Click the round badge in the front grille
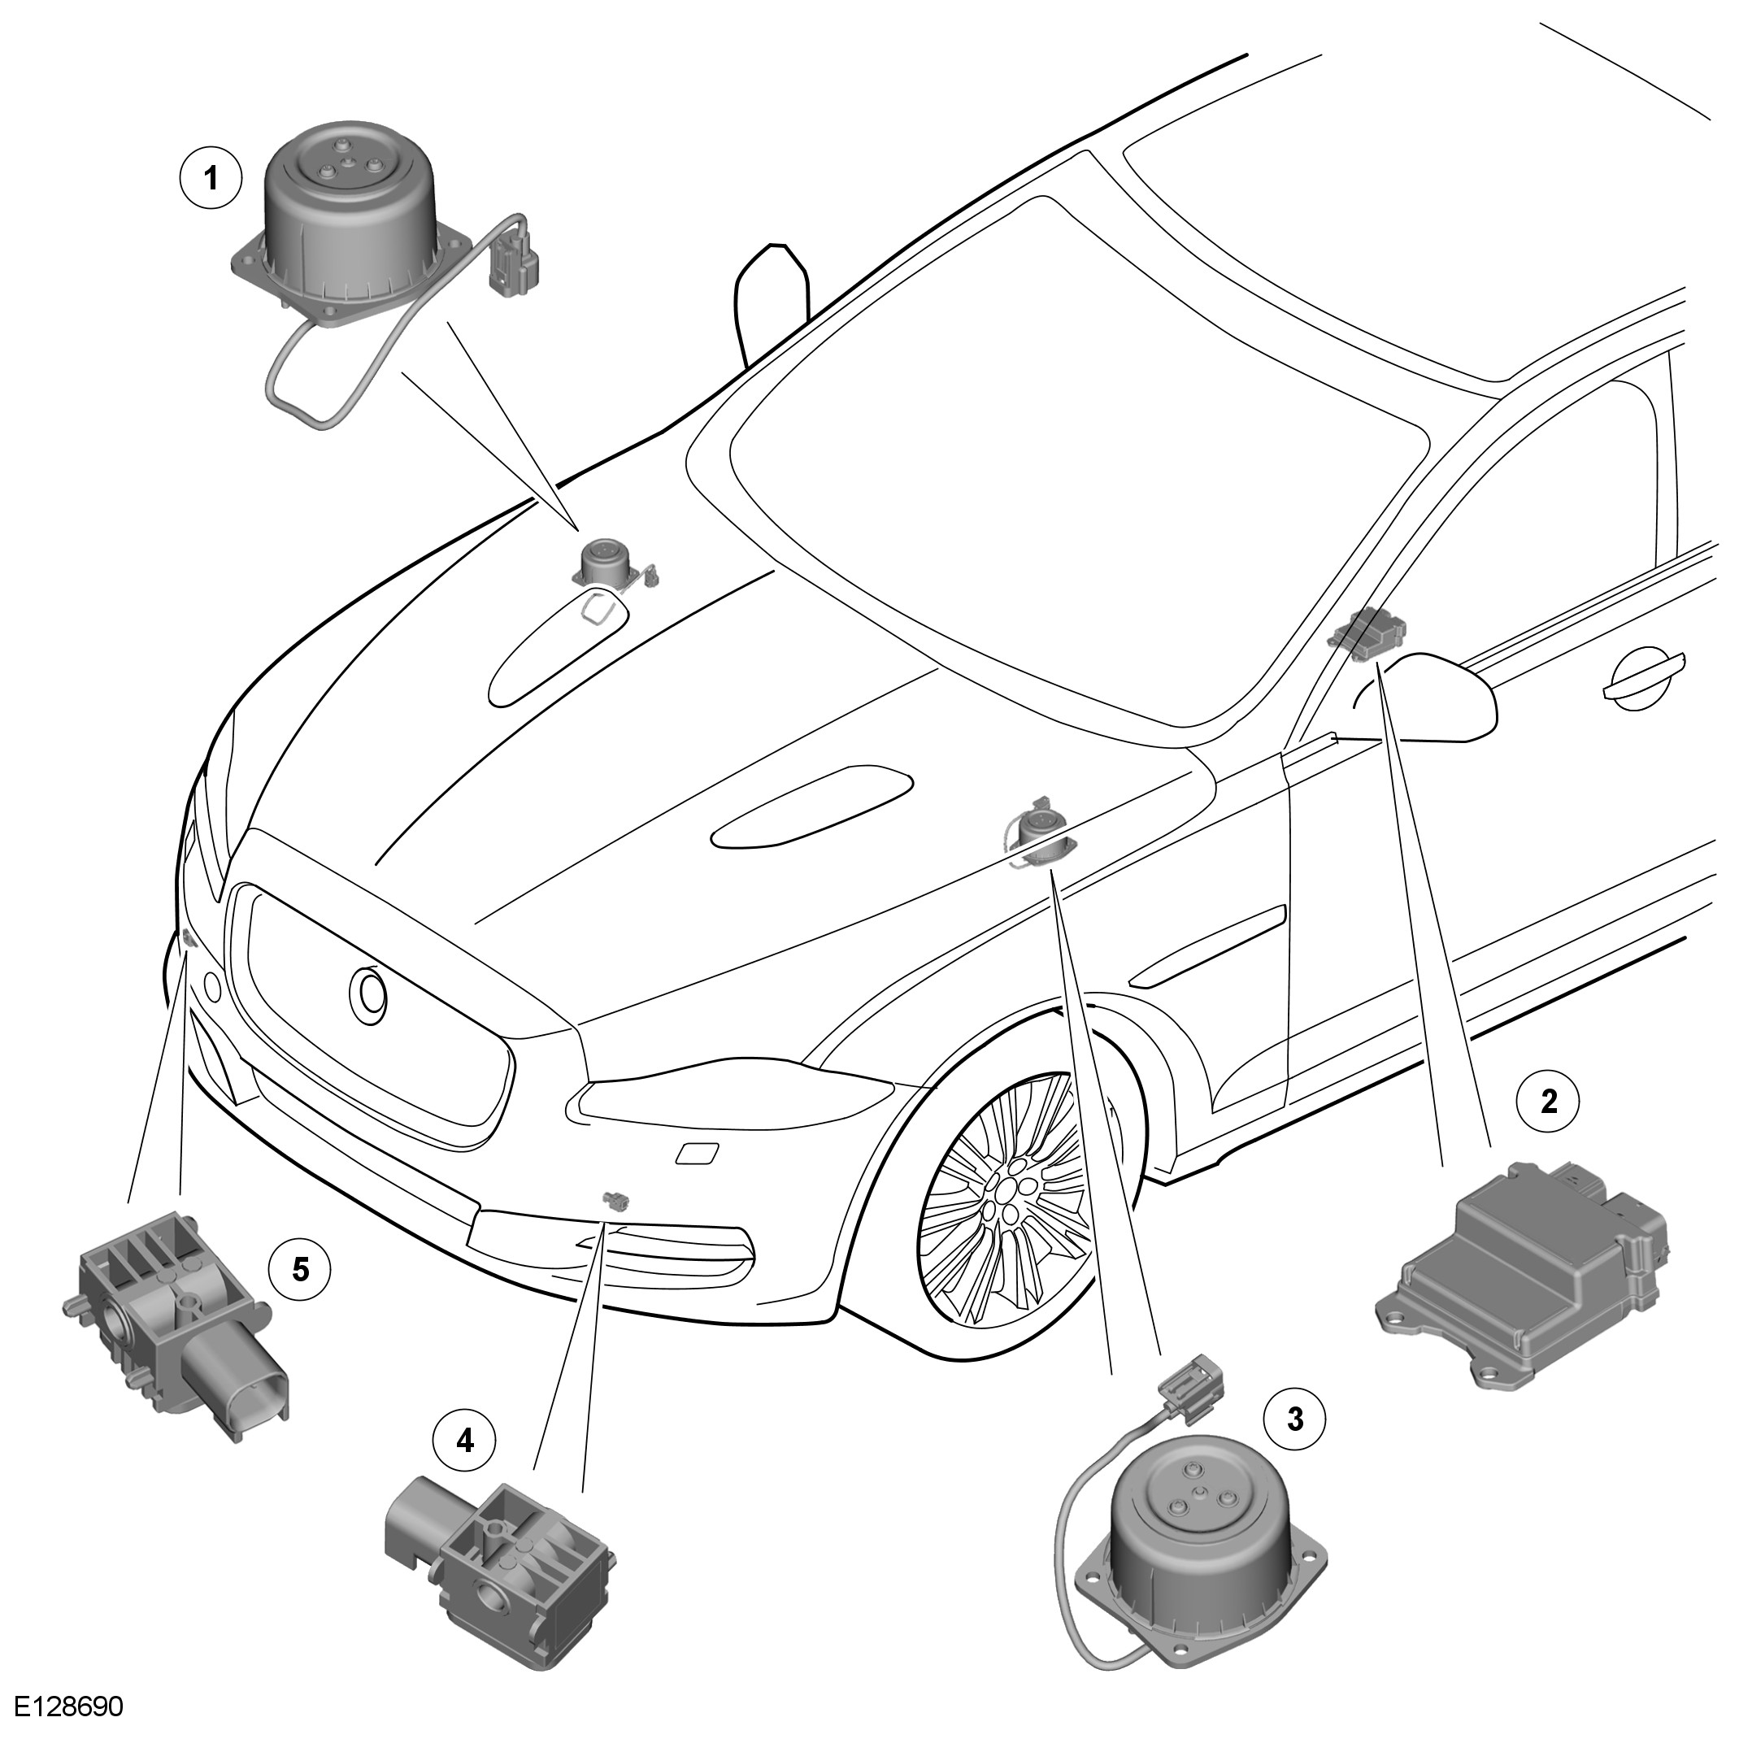(x=368, y=993)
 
